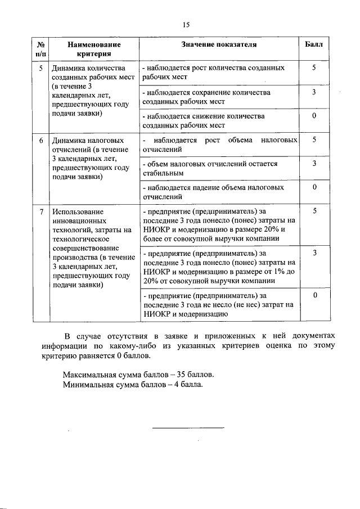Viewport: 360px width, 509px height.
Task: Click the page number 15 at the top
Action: (187, 25)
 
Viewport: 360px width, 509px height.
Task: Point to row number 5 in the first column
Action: (40, 68)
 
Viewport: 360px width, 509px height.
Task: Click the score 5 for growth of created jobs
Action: (314, 67)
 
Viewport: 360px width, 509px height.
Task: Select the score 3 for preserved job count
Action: (314, 92)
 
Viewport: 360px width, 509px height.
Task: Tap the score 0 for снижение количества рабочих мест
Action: (314, 116)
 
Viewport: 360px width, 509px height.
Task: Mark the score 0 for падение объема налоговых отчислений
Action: (314, 187)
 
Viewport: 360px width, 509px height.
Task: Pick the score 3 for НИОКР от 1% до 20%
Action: (314, 254)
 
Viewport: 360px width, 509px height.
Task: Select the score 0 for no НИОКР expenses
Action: (314, 295)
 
